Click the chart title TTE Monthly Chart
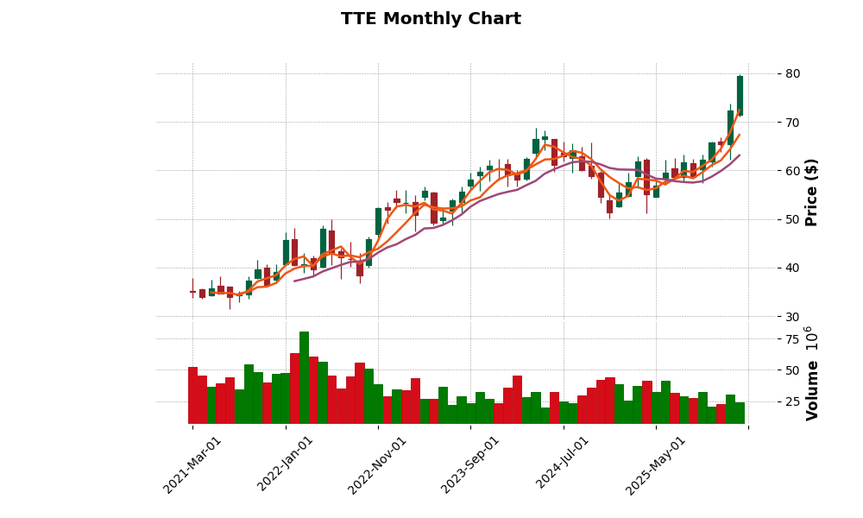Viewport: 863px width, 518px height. [x=431, y=19]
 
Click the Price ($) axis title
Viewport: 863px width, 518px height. [x=811, y=192]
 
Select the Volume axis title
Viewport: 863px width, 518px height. [x=811, y=377]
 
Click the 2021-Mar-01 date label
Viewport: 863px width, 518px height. [x=192, y=464]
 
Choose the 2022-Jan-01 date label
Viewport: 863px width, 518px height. [x=285, y=464]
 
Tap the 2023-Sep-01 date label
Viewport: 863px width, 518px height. [x=469, y=464]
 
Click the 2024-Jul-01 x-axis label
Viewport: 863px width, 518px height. [x=563, y=464]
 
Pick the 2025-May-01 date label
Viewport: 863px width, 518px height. [x=655, y=464]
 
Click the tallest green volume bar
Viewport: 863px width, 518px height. [x=304, y=377]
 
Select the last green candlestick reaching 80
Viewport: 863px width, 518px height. [x=740, y=95]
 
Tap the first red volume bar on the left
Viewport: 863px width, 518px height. [x=192, y=395]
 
